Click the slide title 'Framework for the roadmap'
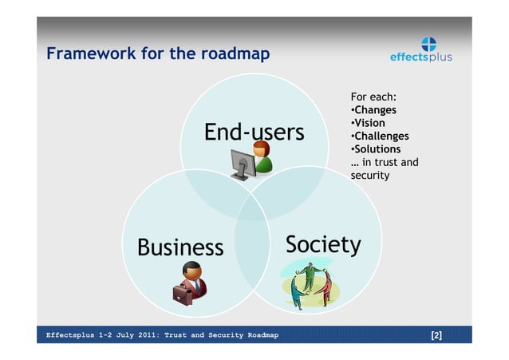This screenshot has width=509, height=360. (x=157, y=54)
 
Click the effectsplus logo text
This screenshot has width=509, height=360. (x=420, y=57)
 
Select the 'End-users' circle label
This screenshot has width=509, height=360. (x=254, y=132)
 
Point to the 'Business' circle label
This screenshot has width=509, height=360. (x=180, y=247)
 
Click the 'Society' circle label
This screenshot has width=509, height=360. (x=323, y=244)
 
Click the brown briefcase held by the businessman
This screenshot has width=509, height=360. (x=183, y=295)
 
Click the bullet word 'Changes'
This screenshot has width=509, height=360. (x=375, y=110)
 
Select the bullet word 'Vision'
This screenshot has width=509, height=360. (x=369, y=123)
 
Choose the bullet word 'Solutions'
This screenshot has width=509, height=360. (x=377, y=149)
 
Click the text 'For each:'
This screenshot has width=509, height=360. (x=373, y=97)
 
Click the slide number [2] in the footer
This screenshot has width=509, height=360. (x=436, y=335)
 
